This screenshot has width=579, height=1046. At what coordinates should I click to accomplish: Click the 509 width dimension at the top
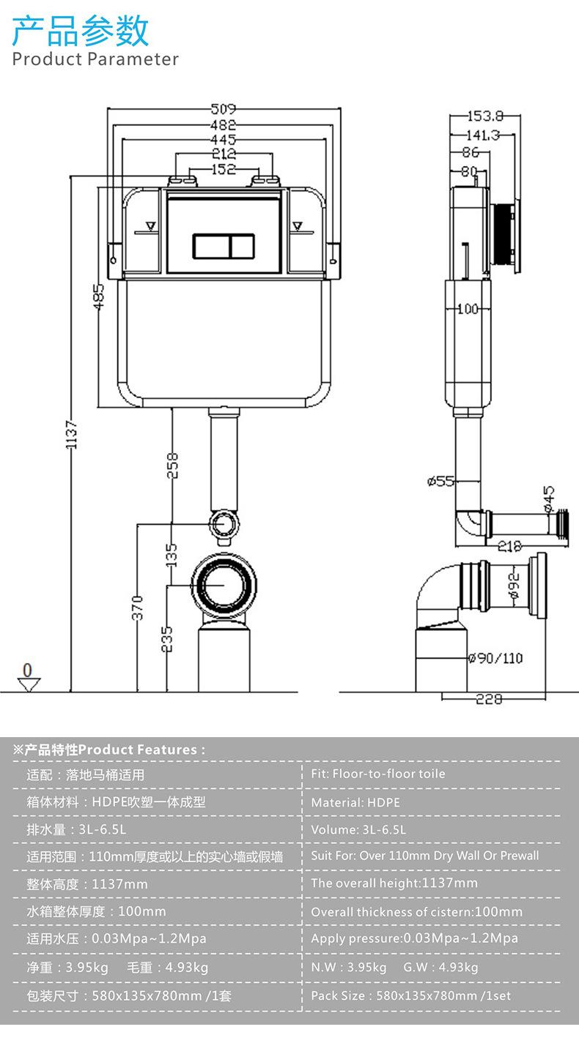pos(223,109)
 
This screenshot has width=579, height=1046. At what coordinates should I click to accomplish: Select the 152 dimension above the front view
pos(224,169)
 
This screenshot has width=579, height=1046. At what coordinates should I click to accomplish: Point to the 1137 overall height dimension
pos(70,434)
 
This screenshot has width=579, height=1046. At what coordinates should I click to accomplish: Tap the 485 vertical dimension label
pos(99,296)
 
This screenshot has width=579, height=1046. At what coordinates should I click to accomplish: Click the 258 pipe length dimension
pos(172,465)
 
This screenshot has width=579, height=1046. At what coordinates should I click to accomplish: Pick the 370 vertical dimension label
pos(137,608)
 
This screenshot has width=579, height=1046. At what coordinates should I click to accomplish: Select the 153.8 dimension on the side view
pos(485,116)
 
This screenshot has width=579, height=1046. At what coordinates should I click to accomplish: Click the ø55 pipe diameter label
pos(440,480)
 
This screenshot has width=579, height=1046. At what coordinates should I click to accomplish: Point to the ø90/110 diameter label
pos(495,658)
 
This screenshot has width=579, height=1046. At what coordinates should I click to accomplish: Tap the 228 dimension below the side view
pos(489,698)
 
